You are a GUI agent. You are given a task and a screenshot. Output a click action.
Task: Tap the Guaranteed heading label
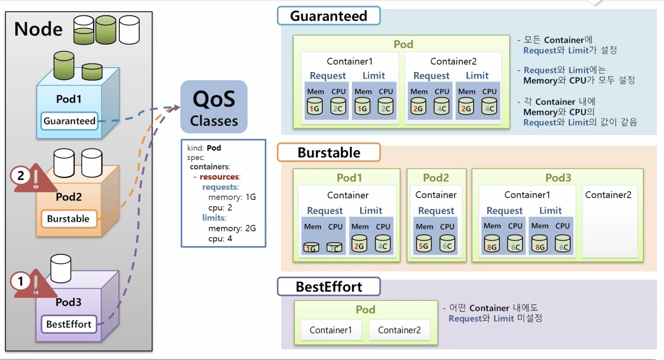click(x=329, y=16)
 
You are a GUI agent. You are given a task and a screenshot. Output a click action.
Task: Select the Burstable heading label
click(x=329, y=152)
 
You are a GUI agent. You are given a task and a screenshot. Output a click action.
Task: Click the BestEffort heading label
click(x=329, y=286)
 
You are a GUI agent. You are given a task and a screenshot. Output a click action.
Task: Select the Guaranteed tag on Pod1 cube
click(x=69, y=121)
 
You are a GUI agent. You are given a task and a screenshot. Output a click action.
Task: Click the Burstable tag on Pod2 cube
click(x=69, y=219)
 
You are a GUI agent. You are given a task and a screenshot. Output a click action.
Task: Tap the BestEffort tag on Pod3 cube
click(x=69, y=324)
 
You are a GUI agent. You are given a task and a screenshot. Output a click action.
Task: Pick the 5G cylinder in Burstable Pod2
click(x=424, y=243)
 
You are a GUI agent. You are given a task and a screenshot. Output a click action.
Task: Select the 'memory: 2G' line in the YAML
click(x=232, y=228)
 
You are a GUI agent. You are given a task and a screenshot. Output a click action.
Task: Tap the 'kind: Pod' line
click(x=204, y=148)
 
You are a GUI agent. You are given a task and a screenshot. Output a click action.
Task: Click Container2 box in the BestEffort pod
click(x=399, y=330)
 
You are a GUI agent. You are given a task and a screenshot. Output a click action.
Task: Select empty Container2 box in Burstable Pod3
click(x=610, y=221)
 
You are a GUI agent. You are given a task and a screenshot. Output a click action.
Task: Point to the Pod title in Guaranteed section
click(x=403, y=44)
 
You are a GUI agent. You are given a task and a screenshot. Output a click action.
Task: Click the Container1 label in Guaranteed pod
click(x=350, y=61)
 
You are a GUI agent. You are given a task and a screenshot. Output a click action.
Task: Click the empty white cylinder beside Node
click(x=129, y=30)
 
